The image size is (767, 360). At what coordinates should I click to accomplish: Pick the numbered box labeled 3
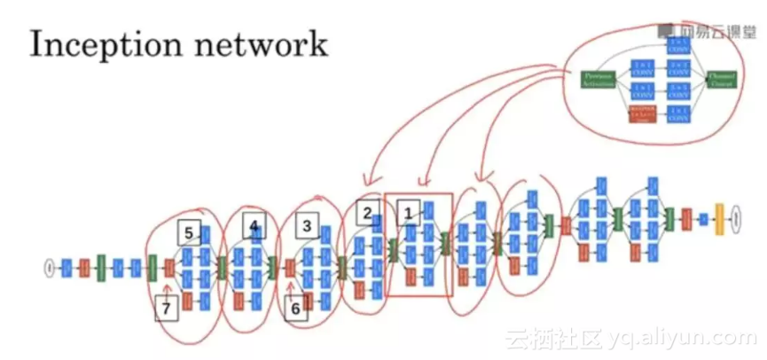pyautogui.click(x=307, y=225)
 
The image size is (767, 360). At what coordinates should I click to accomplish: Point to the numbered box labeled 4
pyautogui.click(x=255, y=225)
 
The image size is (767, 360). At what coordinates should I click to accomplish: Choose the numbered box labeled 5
pyautogui.click(x=189, y=232)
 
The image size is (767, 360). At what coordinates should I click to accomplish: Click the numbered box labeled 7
pyautogui.click(x=166, y=308)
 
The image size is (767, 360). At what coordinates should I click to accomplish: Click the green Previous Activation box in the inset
pyautogui.click(x=599, y=79)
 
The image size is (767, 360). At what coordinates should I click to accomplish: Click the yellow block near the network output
pyautogui.click(x=719, y=218)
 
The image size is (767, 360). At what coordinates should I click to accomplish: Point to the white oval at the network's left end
pyautogui.click(x=49, y=266)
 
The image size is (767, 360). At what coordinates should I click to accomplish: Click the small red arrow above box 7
pyautogui.click(x=166, y=286)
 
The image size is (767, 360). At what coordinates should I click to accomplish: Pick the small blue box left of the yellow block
pyautogui.click(x=703, y=219)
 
